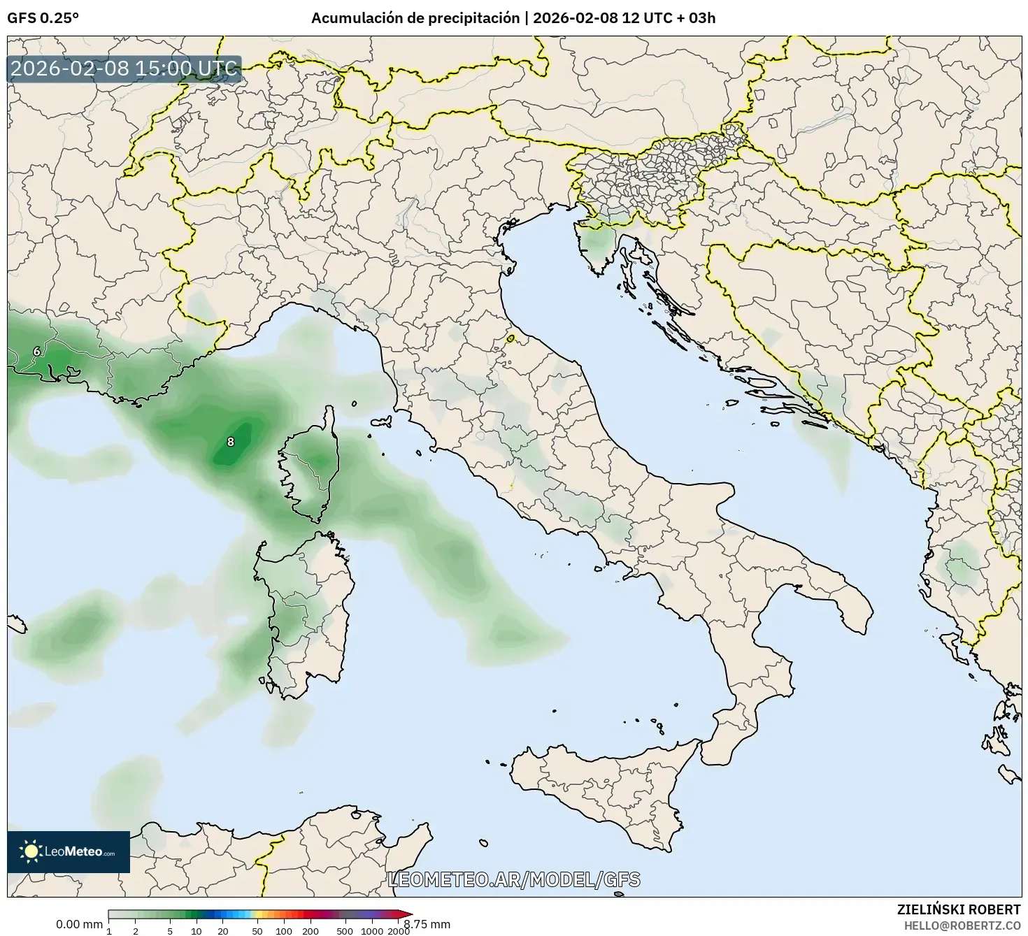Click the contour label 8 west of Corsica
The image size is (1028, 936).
coord(231,442)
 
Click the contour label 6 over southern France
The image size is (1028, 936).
coord(37,352)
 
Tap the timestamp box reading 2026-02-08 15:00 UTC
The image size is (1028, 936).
coord(124,69)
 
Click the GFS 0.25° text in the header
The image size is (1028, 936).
coord(43,18)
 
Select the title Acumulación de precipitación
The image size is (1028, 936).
coord(416,18)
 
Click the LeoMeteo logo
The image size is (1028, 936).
coord(69,851)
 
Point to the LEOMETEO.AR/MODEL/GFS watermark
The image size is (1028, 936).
coord(514,879)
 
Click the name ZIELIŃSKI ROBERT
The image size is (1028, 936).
coord(958,909)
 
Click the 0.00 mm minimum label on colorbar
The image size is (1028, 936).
coord(79,924)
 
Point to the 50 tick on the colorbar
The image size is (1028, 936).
coord(257,930)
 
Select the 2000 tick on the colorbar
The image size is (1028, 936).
coord(399,930)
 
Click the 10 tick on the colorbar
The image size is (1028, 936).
coord(197,930)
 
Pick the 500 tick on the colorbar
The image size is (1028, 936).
coord(345,930)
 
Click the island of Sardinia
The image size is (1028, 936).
coord(308,615)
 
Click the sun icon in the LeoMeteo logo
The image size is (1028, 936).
coord(31,851)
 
